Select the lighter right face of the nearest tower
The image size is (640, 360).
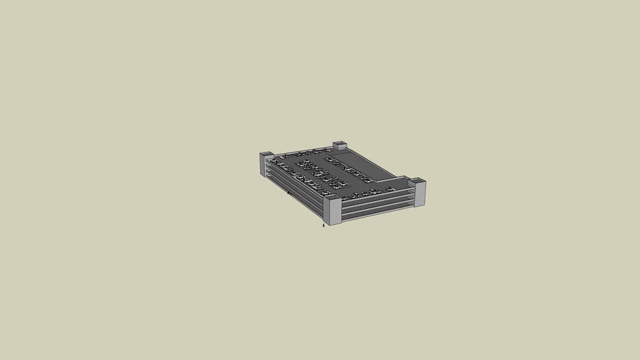coord(335,213)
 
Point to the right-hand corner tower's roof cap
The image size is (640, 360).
coord(418,181)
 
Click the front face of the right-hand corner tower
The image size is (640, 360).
coord(420,195)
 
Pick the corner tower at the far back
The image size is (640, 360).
coord(340,146)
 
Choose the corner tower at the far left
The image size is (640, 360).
coord(266,163)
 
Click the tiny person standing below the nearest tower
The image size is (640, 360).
coord(324,225)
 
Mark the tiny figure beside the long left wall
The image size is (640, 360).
coord(288,192)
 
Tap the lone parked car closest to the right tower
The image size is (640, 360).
coord(390,188)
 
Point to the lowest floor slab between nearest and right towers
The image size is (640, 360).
coord(377,213)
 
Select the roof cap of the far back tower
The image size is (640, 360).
coord(340,143)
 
